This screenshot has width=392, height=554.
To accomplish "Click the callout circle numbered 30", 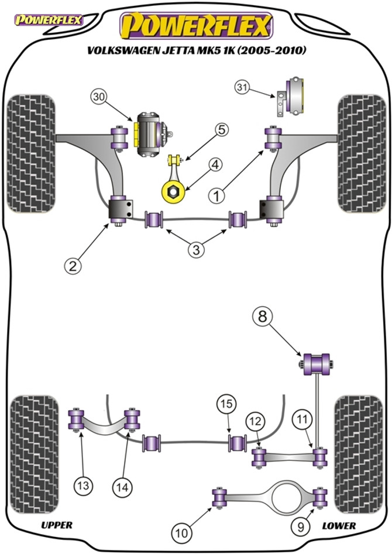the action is (x=100, y=98).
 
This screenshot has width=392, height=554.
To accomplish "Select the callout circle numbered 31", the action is (x=242, y=87).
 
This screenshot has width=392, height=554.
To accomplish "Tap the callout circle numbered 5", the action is (x=221, y=130).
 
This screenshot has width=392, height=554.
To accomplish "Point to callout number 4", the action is (x=215, y=164).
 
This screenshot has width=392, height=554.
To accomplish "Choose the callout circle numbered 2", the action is (x=73, y=266).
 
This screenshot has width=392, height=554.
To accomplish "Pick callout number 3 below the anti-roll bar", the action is (x=196, y=250).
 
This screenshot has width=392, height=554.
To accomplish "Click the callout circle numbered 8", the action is (x=263, y=316).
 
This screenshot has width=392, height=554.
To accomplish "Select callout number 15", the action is (x=226, y=404).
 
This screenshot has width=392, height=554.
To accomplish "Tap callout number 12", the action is (x=256, y=421).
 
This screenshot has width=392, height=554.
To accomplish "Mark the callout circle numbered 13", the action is (x=84, y=486).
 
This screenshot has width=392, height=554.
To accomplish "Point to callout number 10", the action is (x=182, y=532).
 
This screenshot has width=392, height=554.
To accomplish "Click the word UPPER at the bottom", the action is (x=57, y=525).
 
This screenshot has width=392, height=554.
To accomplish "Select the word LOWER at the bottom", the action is (x=339, y=526).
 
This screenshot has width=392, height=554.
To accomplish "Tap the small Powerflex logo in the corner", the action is (x=48, y=20).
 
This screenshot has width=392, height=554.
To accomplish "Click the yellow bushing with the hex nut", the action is (x=173, y=192).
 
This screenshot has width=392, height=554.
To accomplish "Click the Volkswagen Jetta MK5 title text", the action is (x=197, y=50).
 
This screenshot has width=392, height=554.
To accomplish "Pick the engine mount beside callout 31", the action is (x=291, y=96).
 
